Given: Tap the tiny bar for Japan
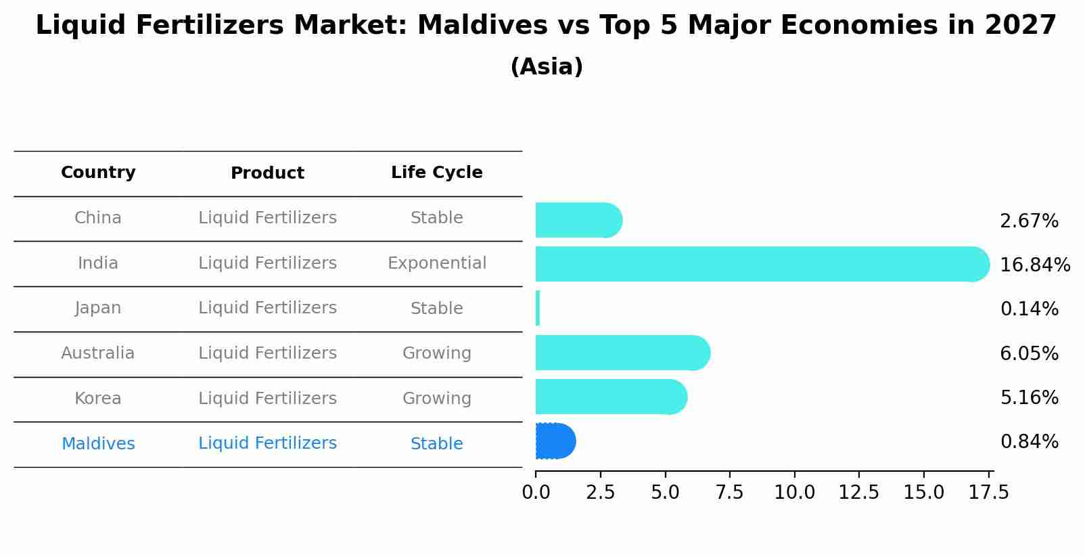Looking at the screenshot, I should [538, 309].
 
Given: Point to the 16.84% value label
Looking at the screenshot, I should [1034, 265].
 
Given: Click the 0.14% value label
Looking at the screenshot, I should [1029, 309].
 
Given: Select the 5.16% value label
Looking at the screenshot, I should [1029, 398].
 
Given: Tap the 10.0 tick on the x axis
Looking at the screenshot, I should [794, 493].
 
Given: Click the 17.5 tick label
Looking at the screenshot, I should [988, 493].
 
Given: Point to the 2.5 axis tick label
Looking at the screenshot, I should [600, 493].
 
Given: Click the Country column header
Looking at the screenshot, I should [98, 173].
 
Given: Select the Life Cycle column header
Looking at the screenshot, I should [436, 173].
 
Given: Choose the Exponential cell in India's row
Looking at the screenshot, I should [436, 263].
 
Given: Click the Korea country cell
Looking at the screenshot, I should [98, 399].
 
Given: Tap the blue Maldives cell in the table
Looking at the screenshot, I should [98, 444].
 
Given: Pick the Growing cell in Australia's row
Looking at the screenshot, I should [436, 353].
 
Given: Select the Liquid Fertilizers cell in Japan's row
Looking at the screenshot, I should [267, 308].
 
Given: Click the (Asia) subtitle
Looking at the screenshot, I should [547, 67].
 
